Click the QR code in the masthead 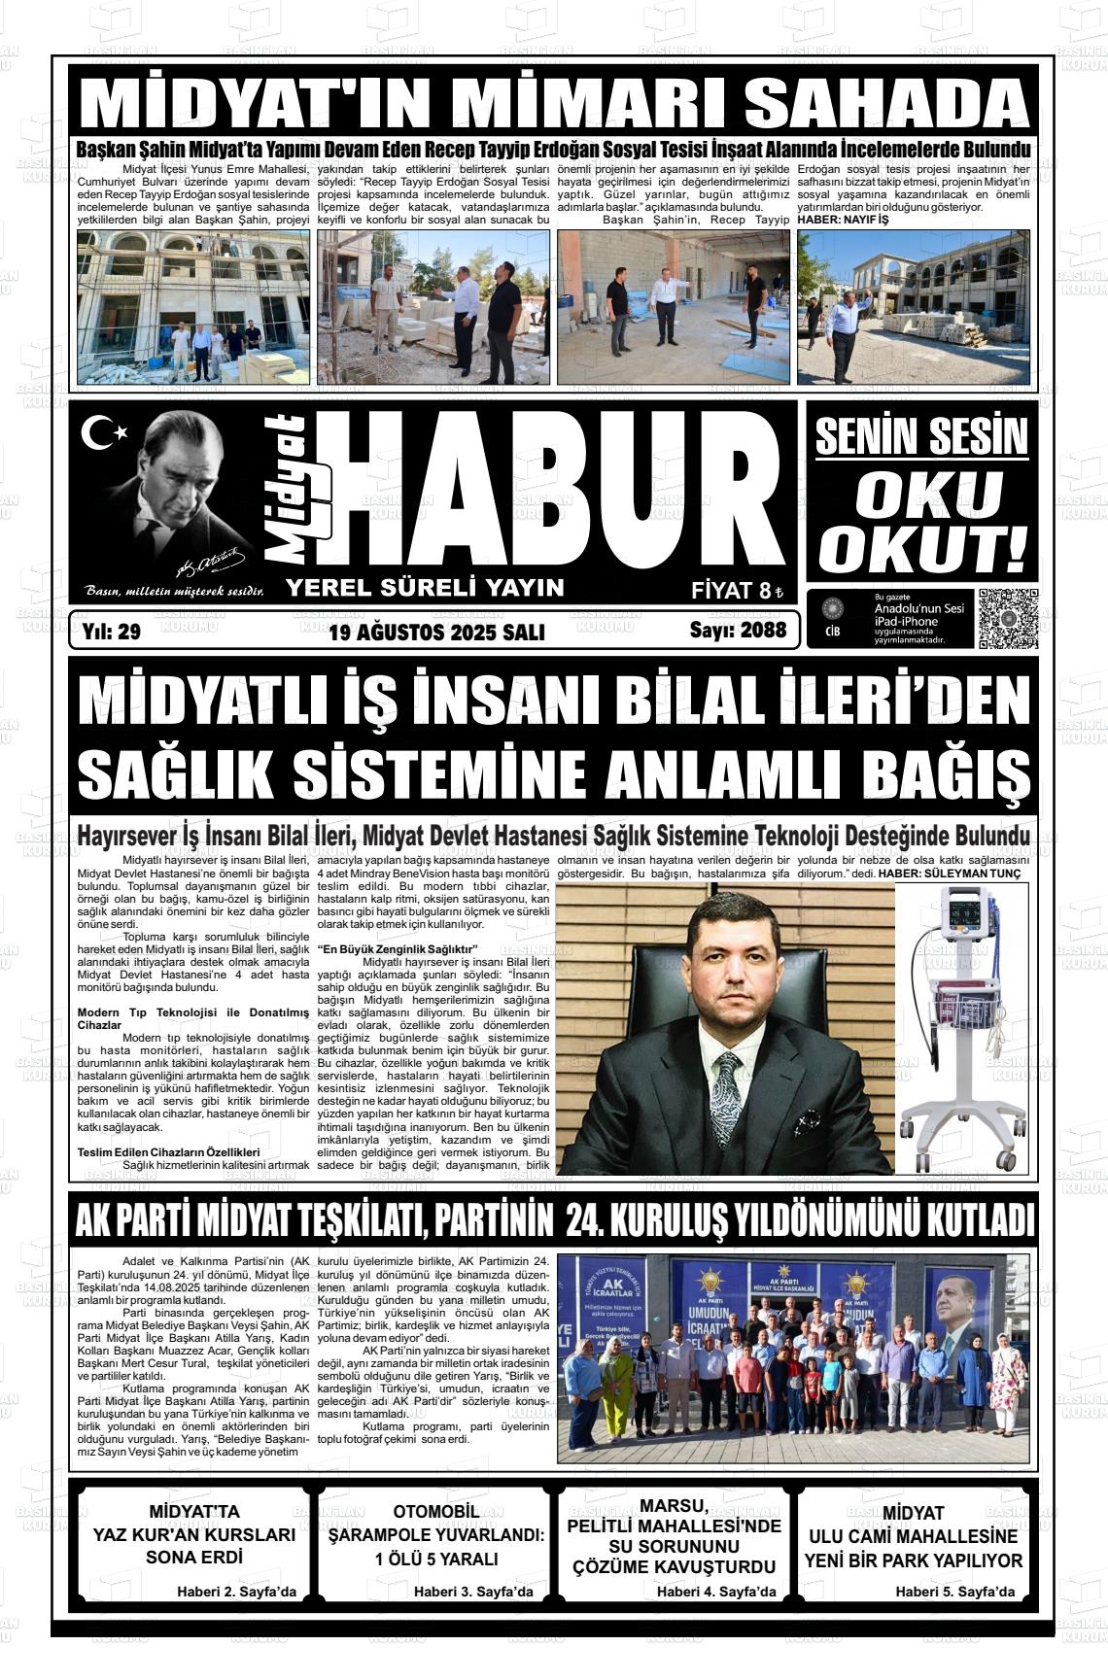[x=1008, y=618]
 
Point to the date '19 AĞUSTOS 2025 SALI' [x=437, y=633]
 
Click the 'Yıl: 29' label [x=113, y=633]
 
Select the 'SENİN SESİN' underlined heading [x=920, y=437]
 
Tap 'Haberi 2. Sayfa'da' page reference [x=236, y=1592]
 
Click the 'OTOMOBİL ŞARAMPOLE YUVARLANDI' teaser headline [x=437, y=1535]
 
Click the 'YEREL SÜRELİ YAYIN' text [x=425, y=587]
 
